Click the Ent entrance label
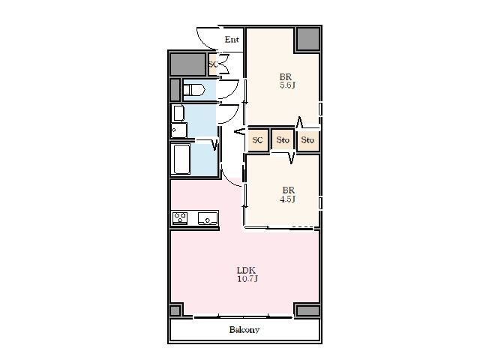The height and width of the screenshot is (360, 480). point(232,40)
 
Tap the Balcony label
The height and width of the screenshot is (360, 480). point(244,330)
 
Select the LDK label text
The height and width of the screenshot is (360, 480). point(246,270)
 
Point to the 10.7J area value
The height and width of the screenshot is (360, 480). point(247,279)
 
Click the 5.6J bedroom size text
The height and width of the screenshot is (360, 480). point(287,85)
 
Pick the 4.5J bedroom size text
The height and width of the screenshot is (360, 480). point(287,199)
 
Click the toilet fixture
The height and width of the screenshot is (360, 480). point(193,90)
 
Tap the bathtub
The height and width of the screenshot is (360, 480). point(181,159)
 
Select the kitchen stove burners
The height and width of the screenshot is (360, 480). point(180,218)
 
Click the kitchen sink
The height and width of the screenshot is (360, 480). point(208,218)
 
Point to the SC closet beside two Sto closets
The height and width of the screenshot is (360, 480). point(257,140)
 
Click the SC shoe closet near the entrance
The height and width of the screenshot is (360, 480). point(213,64)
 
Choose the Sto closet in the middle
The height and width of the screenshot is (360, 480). point(283,140)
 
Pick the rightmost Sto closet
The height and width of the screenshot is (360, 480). point(307,140)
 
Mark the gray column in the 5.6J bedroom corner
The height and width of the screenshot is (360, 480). point(307,39)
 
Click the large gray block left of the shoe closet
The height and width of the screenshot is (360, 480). point(187,64)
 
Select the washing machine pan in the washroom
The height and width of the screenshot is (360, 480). point(178,130)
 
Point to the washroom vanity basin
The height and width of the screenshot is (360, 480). point(178,113)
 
